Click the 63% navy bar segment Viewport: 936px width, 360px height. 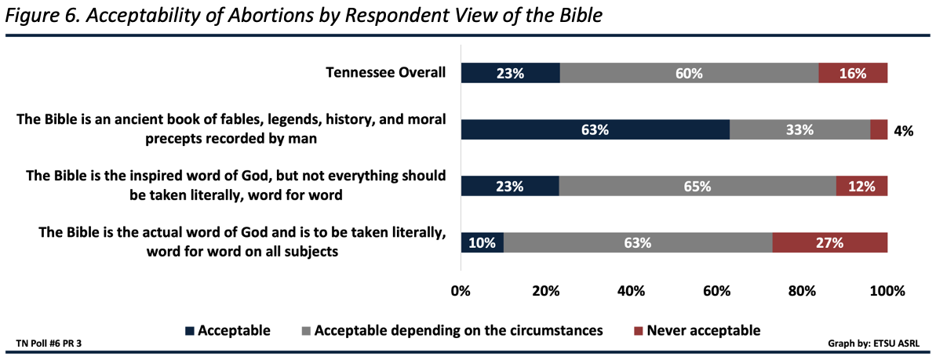point(595,129)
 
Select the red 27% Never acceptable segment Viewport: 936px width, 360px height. point(829,242)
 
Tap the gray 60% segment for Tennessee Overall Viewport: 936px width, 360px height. point(689,73)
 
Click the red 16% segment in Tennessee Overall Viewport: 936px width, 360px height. point(853,73)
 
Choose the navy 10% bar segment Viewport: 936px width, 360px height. point(482,242)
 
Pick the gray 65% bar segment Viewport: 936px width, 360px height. point(697,186)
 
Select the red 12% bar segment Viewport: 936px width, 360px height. point(861,186)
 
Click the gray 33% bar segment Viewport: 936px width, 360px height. point(799,129)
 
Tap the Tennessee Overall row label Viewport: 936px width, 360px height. point(386,73)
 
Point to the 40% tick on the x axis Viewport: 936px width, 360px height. point(632,292)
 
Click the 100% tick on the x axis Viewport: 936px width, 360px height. point(887,292)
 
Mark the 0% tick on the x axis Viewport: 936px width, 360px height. point(461,292)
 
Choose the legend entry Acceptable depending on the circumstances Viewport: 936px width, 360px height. point(458,330)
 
